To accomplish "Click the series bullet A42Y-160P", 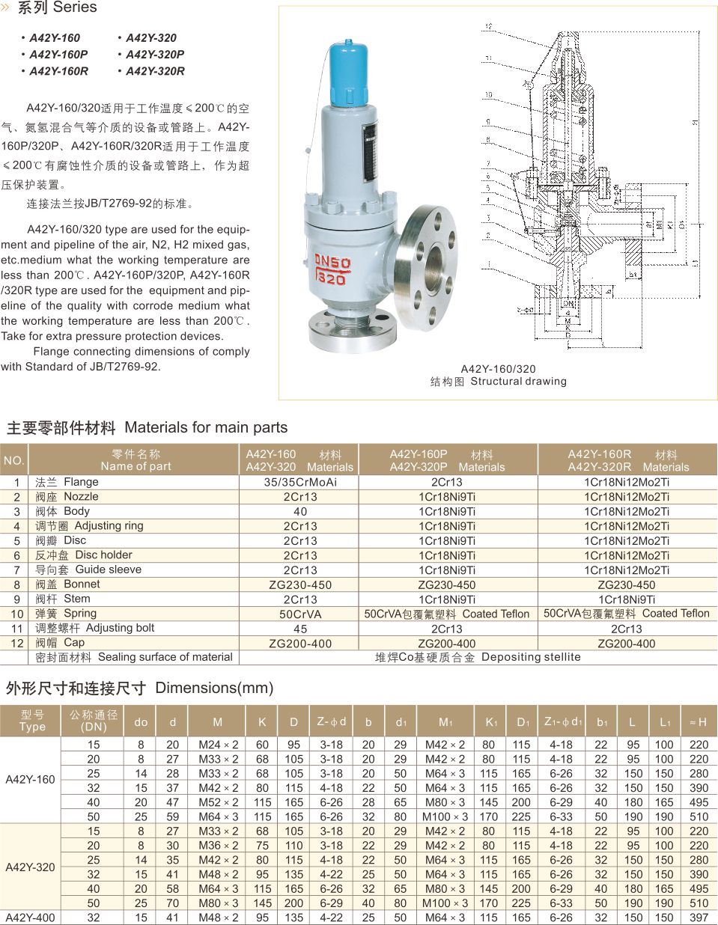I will (58, 55).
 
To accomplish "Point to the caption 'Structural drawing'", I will (518, 382).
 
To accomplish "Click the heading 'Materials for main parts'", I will (206, 428).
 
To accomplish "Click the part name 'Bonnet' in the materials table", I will (82, 584).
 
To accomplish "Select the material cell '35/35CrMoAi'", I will (300, 483).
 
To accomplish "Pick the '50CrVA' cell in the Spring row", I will (300, 614).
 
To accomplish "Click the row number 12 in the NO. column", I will (17, 644).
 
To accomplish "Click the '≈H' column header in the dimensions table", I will (698, 722).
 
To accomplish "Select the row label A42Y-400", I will (30, 918).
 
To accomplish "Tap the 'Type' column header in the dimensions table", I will (32, 727).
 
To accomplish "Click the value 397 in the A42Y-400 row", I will (699, 918).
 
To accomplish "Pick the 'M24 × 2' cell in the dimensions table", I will (218, 745).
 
